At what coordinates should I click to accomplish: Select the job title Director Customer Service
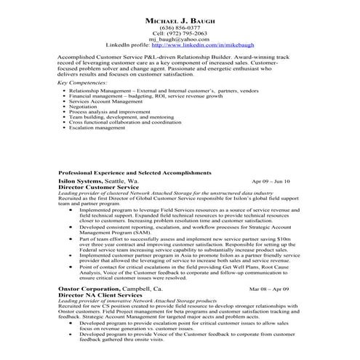[98, 186]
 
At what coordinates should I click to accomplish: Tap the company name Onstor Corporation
[89, 289]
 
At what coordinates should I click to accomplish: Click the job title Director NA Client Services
[100, 295]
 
